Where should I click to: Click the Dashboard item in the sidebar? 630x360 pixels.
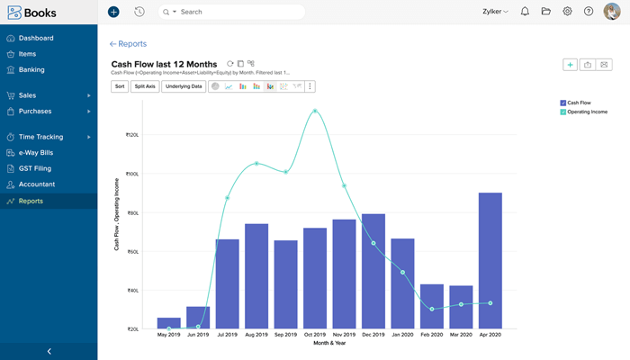pos(36,38)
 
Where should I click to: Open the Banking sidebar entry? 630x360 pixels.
pos(31,69)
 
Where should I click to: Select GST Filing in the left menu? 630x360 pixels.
pos(36,168)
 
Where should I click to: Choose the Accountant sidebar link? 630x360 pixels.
pos(37,184)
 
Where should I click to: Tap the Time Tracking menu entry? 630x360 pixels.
pos(41,137)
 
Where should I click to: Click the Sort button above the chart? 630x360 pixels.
pos(120,86)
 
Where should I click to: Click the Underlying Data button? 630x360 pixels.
pos(184,86)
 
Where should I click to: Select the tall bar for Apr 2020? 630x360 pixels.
pos(490,261)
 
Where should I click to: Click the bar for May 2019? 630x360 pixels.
pos(168,323)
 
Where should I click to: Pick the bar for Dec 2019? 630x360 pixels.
pos(373,271)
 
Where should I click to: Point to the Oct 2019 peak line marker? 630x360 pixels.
pos(315,111)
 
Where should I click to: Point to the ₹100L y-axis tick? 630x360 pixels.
pos(131,174)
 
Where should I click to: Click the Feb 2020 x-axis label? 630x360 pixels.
pos(431,335)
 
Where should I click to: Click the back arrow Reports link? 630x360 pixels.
pos(128,44)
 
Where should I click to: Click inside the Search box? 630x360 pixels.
pos(234,12)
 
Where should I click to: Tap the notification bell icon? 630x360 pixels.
pos(525,12)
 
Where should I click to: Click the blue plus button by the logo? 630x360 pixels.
pos(113,12)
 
